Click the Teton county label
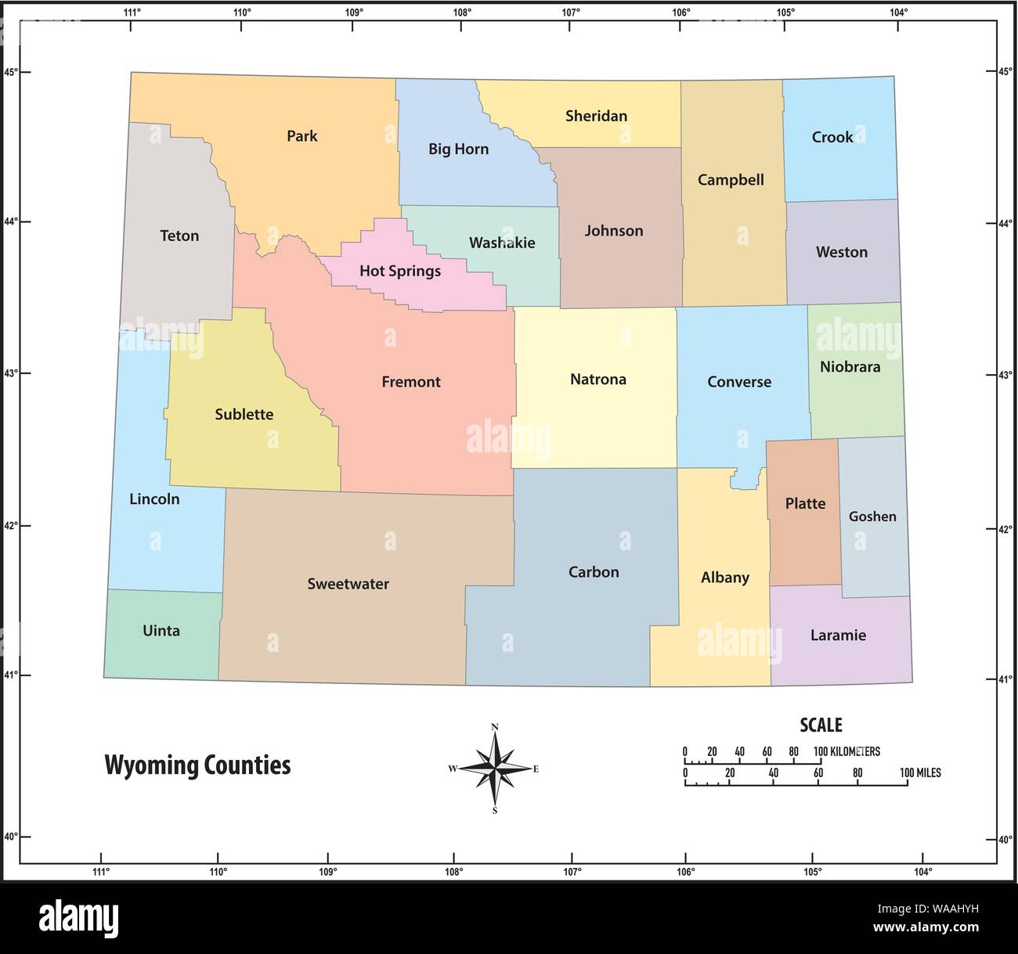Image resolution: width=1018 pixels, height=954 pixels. [x=179, y=236]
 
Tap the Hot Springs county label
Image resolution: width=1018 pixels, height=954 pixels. [x=399, y=271]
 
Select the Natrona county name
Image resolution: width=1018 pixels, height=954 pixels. [x=597, y=380]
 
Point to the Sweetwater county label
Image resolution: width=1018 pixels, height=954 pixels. [x=348, y=584]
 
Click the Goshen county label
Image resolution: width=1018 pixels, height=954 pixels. [x=872, y=517]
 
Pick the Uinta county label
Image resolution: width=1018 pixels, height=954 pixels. [x=161, y=631]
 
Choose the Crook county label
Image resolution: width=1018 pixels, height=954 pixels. [x=832, y=137]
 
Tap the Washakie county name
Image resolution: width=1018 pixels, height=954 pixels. [x=502, y=243]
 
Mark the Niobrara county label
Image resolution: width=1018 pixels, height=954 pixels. [x=850, y=366]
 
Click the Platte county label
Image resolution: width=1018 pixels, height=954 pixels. [x=805, y=503]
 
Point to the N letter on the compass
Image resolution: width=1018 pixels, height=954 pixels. [x=495, y=727]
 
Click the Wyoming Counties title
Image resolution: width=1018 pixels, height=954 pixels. [x=197, y=765]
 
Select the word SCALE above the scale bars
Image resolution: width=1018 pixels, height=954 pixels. [x=820, y=725]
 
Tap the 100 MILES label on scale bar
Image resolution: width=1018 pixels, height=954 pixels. [x=920, y=772]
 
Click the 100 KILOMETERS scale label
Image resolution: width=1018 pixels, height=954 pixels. [x=847, y=751]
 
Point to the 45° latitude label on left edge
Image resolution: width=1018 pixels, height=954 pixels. [x=10, y=72]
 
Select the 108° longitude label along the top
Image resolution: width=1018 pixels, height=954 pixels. [x=461, y=12]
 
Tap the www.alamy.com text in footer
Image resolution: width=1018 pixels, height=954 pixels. [x=926, y=927]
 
